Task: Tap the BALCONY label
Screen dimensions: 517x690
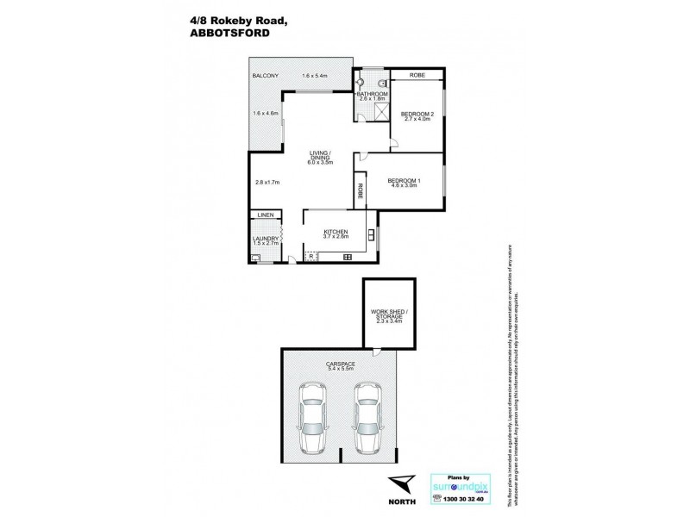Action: click(264, 77)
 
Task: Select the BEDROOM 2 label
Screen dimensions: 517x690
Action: click(417, 115)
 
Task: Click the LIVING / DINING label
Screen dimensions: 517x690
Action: click(321, 156)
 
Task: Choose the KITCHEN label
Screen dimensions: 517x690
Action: click(336, 232)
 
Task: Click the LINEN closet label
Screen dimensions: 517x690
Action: click(263, 215)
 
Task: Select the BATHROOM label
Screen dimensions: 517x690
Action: click(373, 95)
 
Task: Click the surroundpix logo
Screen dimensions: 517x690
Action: click(462, 483)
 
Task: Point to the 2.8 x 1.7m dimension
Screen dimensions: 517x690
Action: click(268, 182)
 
